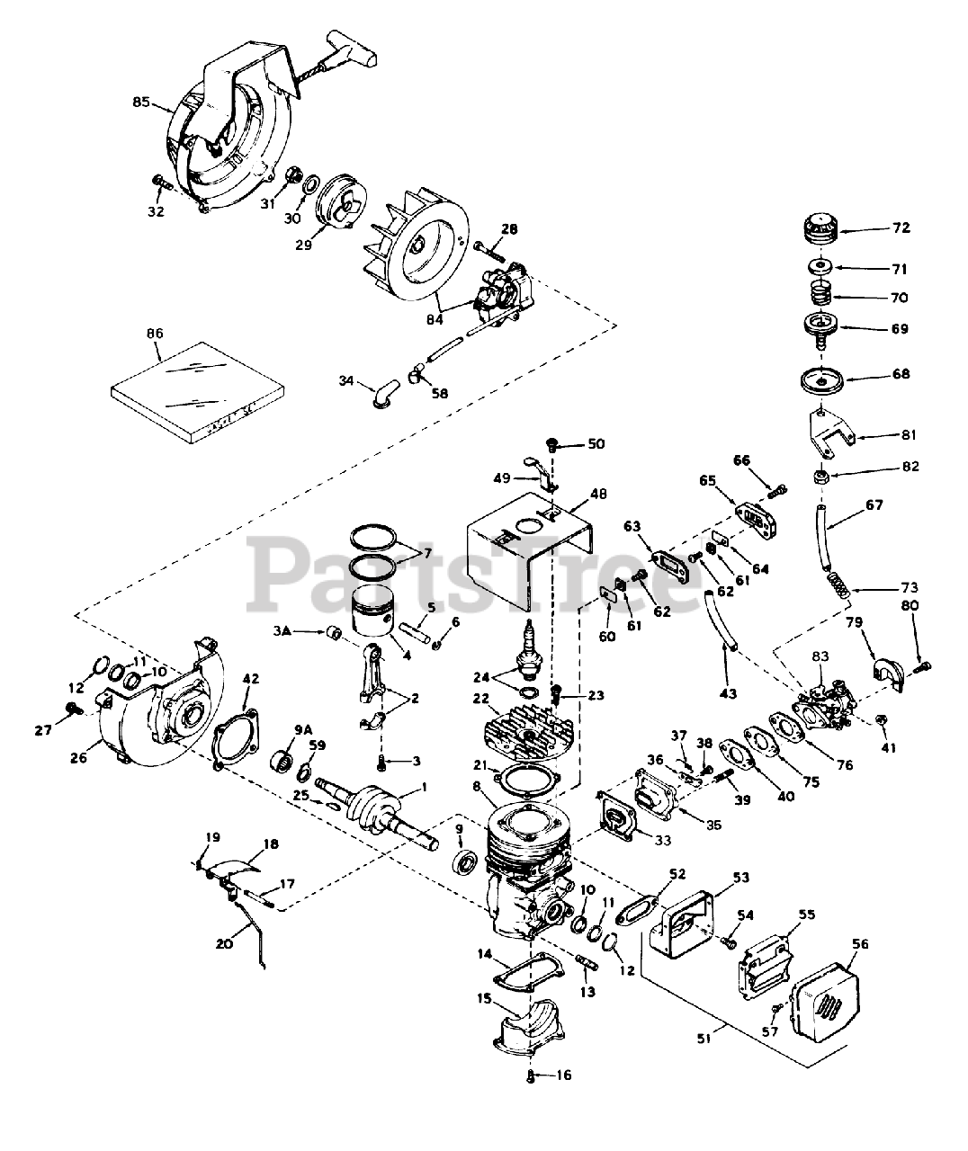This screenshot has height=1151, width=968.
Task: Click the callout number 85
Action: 141,103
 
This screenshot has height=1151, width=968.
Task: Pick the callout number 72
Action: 902,228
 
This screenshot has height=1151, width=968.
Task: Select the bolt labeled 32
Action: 163,183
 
